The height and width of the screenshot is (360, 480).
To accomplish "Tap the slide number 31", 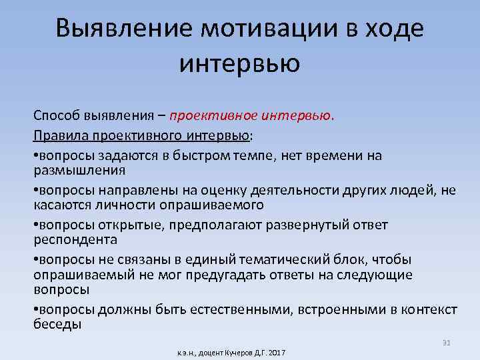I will (447, 343).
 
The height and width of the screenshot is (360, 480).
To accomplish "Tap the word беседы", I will (57, 325).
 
